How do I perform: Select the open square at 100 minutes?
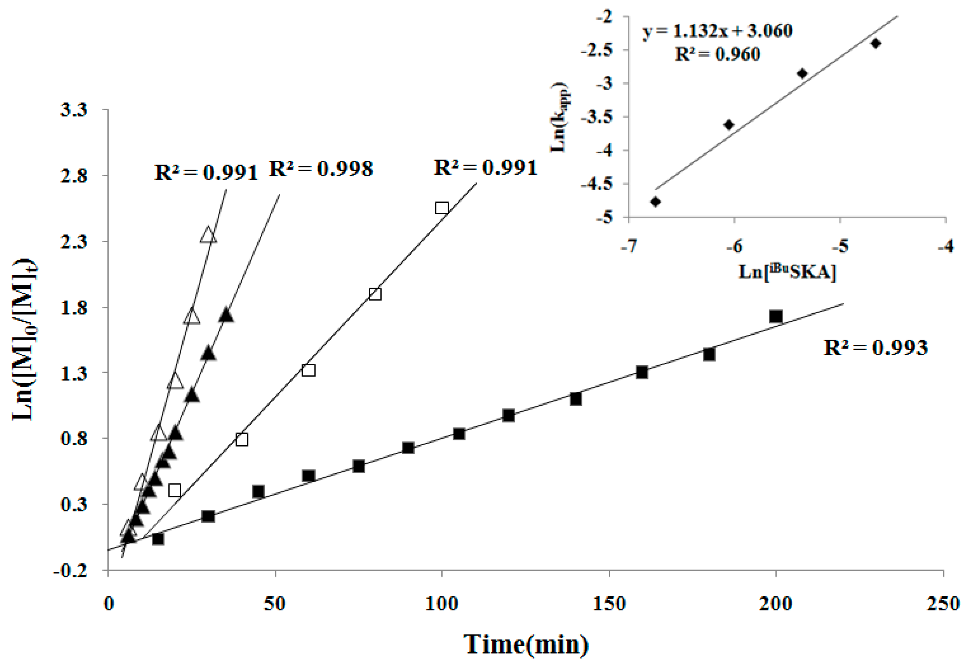pyautogui.click(x=442, y=208)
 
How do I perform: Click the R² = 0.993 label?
pyautogui.click(x=875, y=348)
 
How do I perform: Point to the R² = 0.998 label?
pyautogui.click(x=321, y=169)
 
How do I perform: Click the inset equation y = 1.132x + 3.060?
pyautogui.click(x=717, y=31)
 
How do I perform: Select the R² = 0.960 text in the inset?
pyautogui.click(x=717, y=54)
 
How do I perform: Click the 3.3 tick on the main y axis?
pyautogui.click(x=74, y=110)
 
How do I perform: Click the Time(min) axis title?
pyautogui.click(x=526, y=644)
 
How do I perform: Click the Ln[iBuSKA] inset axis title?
pyautogui.click(x=787, y=272)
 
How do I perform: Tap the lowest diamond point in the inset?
pyautogui.click(x=655, y=202)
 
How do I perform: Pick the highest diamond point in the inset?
pyautogui.click(x=876, y=44)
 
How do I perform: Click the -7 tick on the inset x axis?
pyautogui.click(x=628, y=247)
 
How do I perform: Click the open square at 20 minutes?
pyautogui.click(x=175, y=490)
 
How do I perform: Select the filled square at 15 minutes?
pyautogui.click(x=158, y=539)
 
